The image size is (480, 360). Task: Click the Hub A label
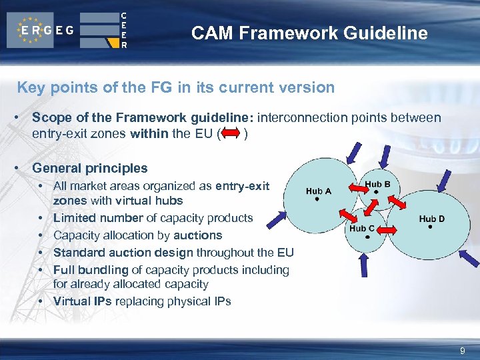[x=318, y=191]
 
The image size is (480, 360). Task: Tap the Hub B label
[x=377, y=184]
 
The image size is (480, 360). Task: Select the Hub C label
[x=362, y=229]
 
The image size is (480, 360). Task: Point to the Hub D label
[x=431, y=218]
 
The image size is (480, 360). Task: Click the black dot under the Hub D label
[x=431, y=227]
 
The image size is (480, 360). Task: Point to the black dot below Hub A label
[x=317, y=199]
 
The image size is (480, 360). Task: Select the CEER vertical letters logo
[x=124, y=30]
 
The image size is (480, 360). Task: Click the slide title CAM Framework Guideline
[x=309, y=33]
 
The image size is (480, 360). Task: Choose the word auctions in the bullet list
[x=197, y=235]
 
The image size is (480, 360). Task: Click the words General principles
[x=89, y=168]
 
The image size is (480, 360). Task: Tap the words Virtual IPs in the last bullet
[x=83, y=301]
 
